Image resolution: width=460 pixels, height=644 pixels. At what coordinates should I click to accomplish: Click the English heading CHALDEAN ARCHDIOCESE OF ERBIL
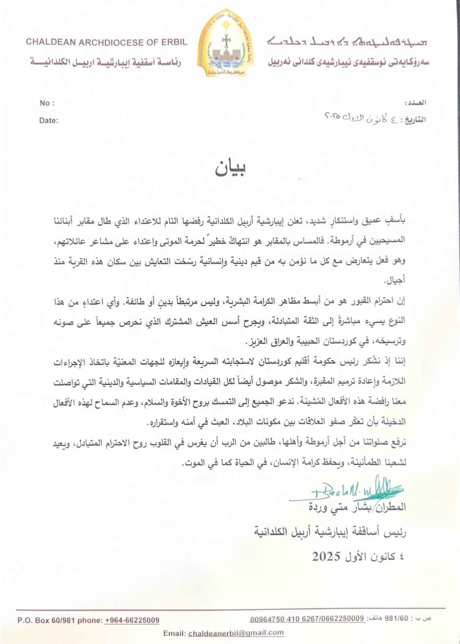[x=107, y=42]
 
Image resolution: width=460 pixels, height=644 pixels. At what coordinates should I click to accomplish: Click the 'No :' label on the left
[x=47, y=103]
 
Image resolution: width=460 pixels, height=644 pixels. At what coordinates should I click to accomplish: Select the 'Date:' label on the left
[x=48, y=120]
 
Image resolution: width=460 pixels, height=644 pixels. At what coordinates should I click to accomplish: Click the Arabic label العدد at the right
[x=416, y=103]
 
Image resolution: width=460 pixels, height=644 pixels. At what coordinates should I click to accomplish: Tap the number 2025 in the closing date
[x=326, y=557]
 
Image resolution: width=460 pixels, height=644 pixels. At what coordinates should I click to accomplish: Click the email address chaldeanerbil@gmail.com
[x=236, y=633]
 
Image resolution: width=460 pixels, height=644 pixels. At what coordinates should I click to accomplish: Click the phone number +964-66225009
[x=132, y=620]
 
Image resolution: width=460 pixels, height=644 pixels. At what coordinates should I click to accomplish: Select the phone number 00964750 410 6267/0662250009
[x=307, y=619]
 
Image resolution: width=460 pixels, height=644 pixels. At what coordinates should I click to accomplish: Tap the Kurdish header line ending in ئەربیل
[x=348, y=62]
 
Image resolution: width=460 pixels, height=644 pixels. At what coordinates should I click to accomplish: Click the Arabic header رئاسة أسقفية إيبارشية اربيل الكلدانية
[x=106, y=62]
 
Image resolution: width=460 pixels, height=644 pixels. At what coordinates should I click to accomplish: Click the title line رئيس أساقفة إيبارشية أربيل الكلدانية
[x=330, y=532]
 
